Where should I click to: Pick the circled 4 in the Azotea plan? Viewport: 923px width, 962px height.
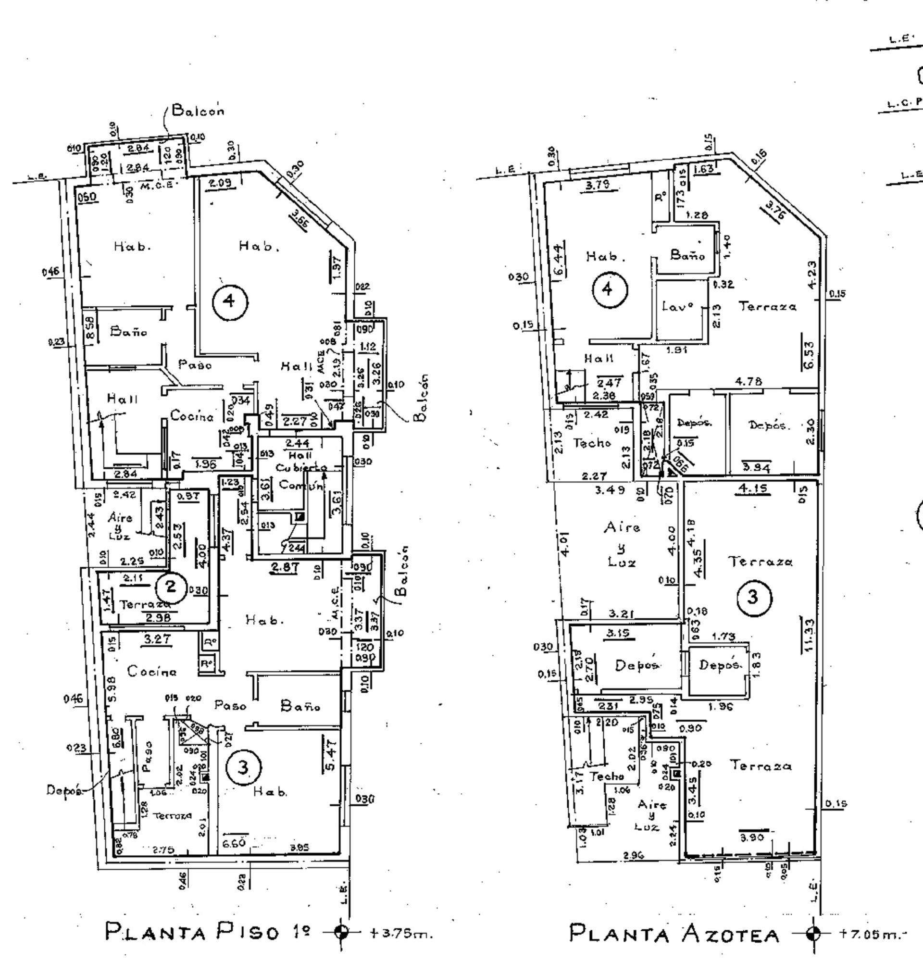point(608,289)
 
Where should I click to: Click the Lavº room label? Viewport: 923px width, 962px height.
point(677,307)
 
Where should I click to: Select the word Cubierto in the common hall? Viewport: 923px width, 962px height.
point(301,468)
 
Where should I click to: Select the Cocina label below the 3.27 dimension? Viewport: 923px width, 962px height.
point(151,672)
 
